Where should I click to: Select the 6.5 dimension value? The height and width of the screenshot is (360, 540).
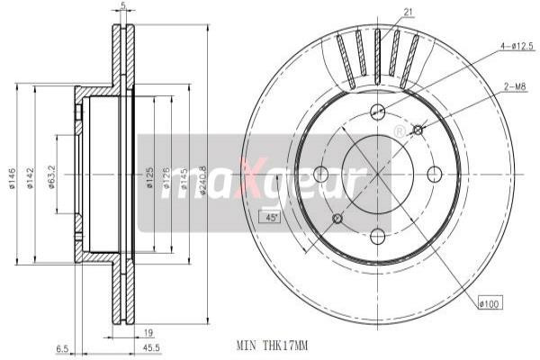(61, 348)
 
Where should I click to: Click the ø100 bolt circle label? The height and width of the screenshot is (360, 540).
(489, 305)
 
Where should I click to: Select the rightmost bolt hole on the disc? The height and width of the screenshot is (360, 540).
(434, 174)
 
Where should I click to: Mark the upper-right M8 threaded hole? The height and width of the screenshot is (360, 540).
(418, 130)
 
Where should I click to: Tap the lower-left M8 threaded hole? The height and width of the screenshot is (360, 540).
(338, 219)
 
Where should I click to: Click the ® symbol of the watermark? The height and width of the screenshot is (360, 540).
(400, 132)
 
